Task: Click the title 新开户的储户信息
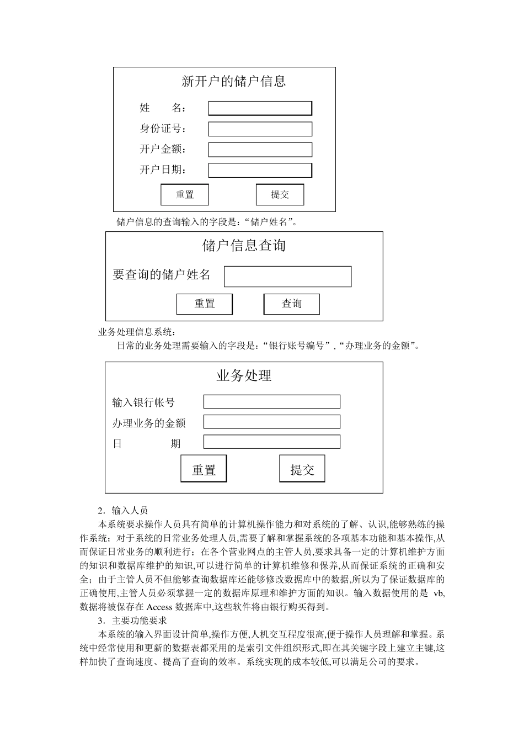[x=234, y=82]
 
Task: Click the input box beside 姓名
[x=260, y=108]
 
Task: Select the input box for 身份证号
[x=260, y=129]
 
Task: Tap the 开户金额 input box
[x=260, y=149]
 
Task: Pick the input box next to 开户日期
[x=260, y=170]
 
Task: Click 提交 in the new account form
[x=280, y=194]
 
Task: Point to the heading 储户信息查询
[x=244, y=246]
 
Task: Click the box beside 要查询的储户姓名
[x=287, y=277]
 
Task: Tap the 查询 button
[x=291, y=304]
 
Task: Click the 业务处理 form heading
[x=244, y=376]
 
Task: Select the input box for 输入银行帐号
[x=271, y=401]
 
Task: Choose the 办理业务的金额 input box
[x=271, y=422]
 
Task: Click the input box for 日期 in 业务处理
[x=271, y=442]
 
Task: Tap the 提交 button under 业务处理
[x=302, y=469]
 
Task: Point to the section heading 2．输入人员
[x=122, y=511]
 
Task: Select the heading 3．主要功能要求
[x=132, y=621]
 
